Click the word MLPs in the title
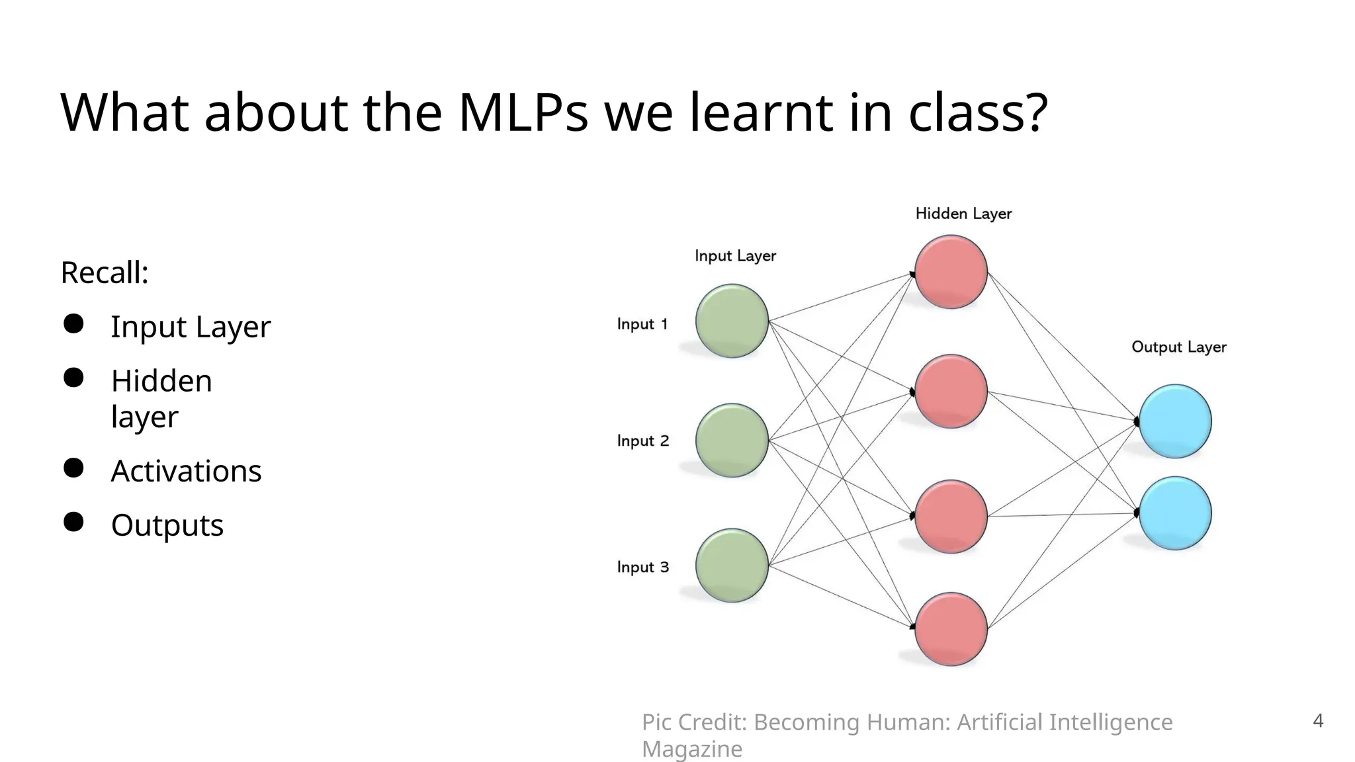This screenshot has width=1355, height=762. tap(523, 112)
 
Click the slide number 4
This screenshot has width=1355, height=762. tap(1317, 720)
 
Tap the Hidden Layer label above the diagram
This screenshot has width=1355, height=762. tap(963, 214)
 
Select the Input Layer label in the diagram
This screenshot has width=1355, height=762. tap(735, 256)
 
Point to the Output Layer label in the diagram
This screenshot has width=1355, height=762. tap(1178, 347)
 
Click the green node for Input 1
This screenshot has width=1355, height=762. tap(732, 321)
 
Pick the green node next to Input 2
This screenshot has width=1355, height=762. tap(732, 441)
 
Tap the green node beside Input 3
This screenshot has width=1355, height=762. tap(732, 566)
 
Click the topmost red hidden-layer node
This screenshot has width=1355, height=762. tap(951, 272)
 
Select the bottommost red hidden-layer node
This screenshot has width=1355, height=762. tap(951, 629)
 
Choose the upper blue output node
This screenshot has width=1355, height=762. tap(1175, 421)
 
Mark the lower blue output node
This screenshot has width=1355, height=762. tap(1175, 513)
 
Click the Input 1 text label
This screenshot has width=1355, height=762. tap(642, 324)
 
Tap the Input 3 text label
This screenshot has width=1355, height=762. tap(642, 568)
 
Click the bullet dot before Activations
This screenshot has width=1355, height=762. tap(73, 468)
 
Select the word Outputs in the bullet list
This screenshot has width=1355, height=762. tap(167, 526)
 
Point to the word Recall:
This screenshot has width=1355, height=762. tap(105, 273)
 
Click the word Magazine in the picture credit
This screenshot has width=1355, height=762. tap(691, 749)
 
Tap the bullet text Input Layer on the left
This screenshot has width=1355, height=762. tap(191, 327)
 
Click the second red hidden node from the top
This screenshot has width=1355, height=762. tap(951, 392)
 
